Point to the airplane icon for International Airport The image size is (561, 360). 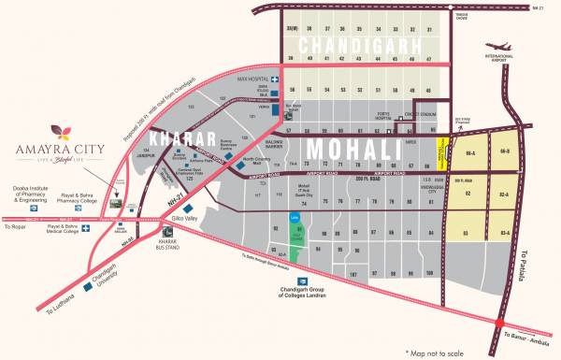point(497,50)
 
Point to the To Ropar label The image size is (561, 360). point(15,227)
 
